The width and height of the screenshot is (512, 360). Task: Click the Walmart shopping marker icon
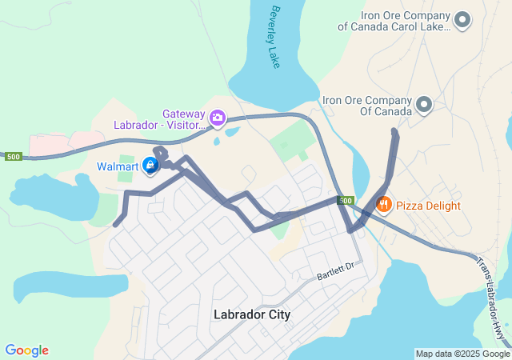(x=150, y=166)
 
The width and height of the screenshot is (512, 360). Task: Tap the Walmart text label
(x=118, y=166)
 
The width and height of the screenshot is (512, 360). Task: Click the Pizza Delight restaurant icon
(x=383, y=205)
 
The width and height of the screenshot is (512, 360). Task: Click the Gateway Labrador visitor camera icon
(x=217, y=119)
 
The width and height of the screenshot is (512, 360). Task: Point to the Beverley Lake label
(x=276, y=37)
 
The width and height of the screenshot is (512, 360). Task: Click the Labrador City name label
(x=252, y=314)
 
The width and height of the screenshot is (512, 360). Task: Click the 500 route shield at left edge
(x=12, y=157)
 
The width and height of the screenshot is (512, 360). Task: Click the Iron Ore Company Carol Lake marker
(x=462, y=18)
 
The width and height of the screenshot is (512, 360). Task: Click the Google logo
(x=26, y=350)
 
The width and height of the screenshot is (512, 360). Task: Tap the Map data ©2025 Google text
(x=462, y=354)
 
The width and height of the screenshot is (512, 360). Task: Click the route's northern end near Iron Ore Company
(x=394, y=131)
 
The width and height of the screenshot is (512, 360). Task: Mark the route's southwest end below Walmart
(x=116, y=224)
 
